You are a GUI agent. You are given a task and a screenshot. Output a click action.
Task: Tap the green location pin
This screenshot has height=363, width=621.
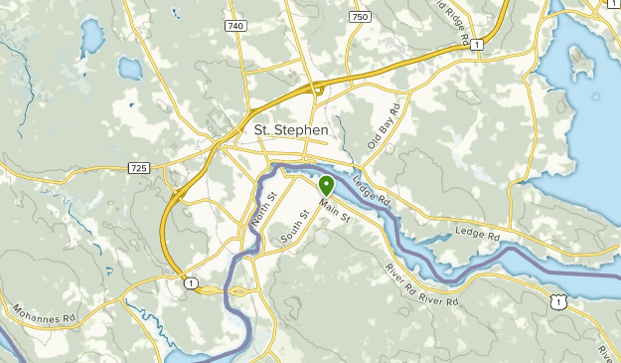(x=326, y=185)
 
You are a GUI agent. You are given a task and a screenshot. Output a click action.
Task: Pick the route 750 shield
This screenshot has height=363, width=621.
(x=360, y=17)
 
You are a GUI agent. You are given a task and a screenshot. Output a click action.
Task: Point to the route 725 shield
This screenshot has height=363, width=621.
(x=138, y=168)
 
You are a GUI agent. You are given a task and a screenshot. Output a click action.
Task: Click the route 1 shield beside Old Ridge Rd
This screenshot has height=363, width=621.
(x=478, y=45)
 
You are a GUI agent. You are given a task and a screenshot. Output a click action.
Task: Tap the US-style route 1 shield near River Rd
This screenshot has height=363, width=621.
(x=561, y=301)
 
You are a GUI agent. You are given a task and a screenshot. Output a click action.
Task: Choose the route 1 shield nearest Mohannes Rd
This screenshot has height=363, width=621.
(x=189, y=283)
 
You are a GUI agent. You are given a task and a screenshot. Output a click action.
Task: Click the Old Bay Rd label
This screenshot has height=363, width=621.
(x=383, y=127)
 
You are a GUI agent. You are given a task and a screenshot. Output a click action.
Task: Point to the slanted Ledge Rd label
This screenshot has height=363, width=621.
(x=371, y=192)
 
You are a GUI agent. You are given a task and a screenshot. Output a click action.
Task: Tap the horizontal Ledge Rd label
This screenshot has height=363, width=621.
(x=476, y=234)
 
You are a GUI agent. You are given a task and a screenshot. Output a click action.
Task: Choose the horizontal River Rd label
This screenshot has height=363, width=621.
(x=438, y=299)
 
